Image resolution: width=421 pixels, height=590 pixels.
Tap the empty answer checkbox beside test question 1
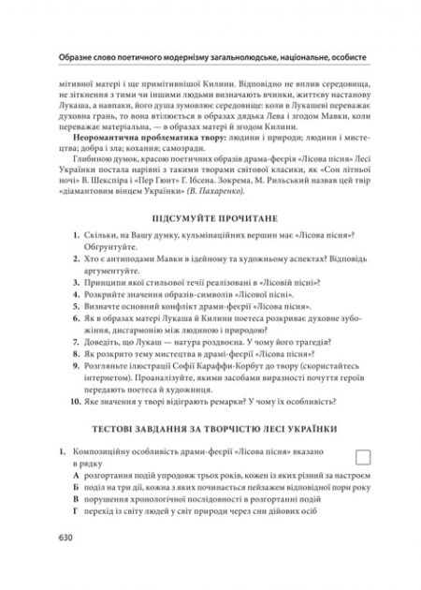(x=367, y=456)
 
